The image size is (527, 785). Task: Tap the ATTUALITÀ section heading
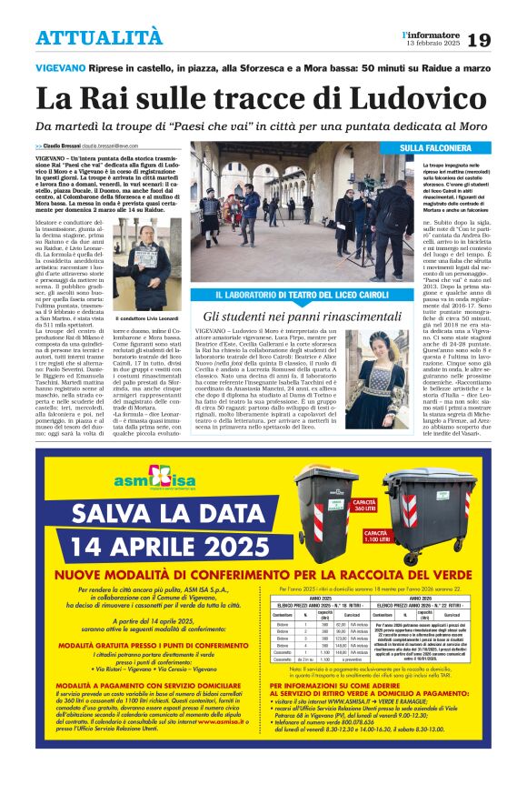pyautogui.click(x=100, y=38)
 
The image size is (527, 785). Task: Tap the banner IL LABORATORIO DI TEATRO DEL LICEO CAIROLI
pyautogui.click(x=294, y=296)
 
